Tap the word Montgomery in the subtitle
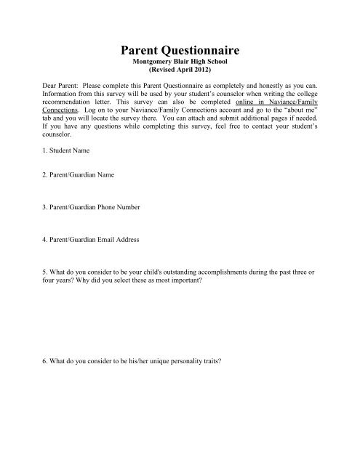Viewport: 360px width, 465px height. (x=160, y=64)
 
